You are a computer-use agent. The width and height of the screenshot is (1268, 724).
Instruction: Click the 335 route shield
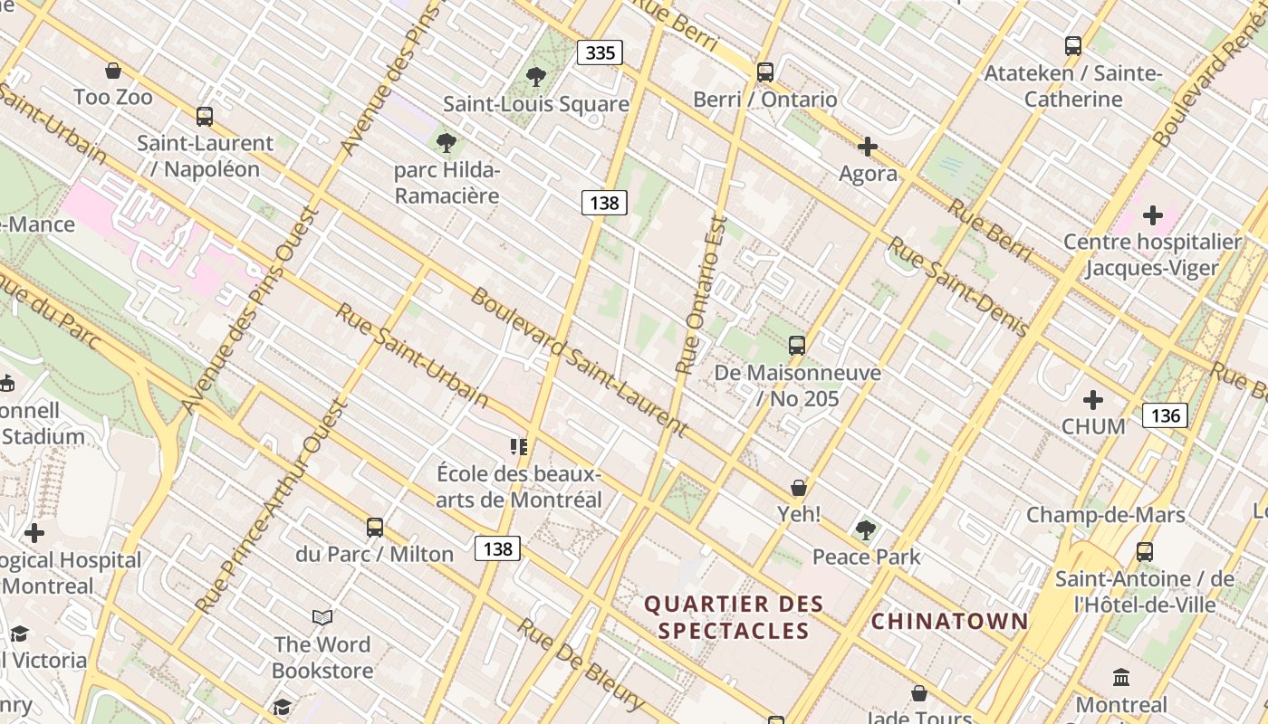point(600,52)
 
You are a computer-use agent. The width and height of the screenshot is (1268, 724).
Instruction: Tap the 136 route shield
point(1164,414)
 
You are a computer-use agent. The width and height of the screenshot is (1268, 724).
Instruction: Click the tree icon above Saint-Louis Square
point(536,77)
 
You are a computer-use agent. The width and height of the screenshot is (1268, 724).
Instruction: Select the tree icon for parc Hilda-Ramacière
point(446,142)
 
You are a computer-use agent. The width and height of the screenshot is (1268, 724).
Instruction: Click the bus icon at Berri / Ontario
point(765,71)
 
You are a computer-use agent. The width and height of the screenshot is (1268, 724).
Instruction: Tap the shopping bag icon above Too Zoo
point(113,70)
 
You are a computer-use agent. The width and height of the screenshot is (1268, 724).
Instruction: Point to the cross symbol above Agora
point(868,146)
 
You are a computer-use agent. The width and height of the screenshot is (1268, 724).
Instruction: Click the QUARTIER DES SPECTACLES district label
point(734,616)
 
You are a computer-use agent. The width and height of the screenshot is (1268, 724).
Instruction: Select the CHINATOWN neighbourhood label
point(949,621)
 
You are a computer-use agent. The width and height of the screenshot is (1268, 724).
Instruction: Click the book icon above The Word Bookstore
point(322,617)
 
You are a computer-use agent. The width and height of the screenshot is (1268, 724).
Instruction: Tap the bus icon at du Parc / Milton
point(375,527)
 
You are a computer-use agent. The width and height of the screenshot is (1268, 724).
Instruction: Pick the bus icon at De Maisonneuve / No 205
point(797,345)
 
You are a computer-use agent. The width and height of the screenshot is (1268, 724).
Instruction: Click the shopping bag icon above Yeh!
point(798,488)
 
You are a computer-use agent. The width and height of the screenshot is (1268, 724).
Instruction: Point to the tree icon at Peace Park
point(866,529)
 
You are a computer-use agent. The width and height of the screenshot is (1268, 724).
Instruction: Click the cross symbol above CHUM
point(1093,399)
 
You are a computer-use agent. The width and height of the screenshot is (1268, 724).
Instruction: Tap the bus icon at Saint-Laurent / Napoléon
point(205,116)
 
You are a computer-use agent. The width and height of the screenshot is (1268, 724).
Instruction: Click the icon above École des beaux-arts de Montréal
point(518,446)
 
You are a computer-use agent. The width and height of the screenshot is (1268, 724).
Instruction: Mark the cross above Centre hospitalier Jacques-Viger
point(1152,214)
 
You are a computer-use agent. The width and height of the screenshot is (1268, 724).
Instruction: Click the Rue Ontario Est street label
point(702,295)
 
